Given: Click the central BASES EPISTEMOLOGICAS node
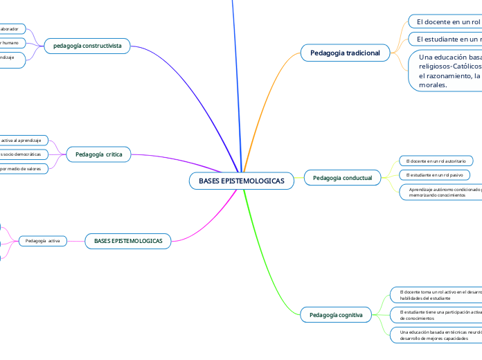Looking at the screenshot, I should tap(241, 181).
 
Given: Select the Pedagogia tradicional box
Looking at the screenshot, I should tap(345, 53).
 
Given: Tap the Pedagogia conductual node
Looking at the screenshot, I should tap(342, 179).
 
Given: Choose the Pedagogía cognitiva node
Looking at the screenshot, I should tap(336, 315).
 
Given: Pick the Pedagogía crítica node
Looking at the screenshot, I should tap(98, 154).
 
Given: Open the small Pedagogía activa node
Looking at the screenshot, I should tap(43, 241).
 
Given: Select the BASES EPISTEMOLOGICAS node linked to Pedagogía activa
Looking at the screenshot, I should tap(127, 241).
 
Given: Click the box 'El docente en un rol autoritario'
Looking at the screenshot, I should tap(436, 161).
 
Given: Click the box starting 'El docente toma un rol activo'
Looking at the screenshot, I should tap(436, 295).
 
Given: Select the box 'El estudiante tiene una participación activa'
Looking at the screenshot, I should tap(436, 315).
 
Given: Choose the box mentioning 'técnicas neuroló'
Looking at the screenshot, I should tap(436, 335).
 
